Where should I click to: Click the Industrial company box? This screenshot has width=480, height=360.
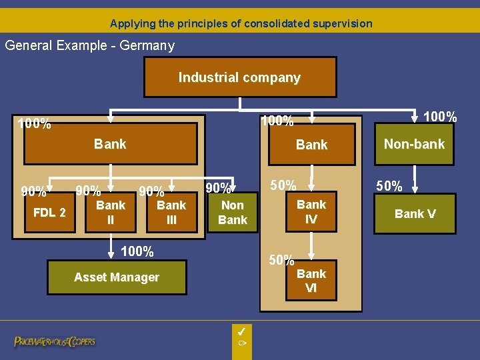240,78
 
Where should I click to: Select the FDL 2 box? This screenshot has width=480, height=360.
50,213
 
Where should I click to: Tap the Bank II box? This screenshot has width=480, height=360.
111,213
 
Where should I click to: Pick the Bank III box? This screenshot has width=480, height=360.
171,213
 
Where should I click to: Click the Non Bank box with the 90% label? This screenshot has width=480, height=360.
233,213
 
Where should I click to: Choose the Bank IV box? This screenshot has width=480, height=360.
311,211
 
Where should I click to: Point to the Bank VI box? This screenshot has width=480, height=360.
311,281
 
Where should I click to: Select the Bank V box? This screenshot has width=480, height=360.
415,214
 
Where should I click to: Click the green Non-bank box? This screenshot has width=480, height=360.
414,143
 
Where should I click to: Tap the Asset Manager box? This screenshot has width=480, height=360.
117,277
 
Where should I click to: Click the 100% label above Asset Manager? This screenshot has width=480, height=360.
137,251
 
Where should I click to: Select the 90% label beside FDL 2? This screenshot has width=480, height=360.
33,192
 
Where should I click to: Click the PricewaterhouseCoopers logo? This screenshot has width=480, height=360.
55,341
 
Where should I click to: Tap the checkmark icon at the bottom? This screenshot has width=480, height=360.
242,331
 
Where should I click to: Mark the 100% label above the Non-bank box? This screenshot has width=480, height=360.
441,117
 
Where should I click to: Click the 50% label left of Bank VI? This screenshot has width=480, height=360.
281,260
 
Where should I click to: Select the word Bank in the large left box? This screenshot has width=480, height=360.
110,143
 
